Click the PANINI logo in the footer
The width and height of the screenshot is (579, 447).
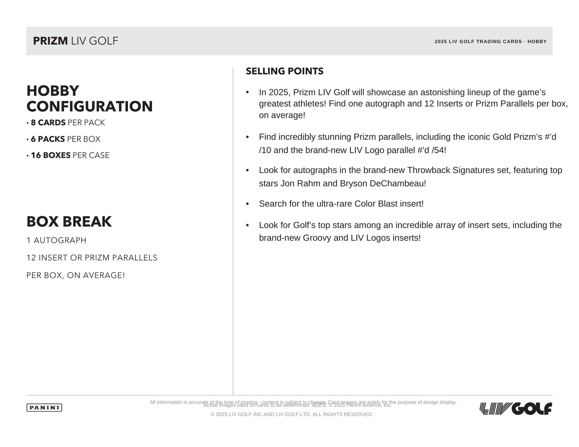44,407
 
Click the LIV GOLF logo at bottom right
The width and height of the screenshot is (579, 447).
516,408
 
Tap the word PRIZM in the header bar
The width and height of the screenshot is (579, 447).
50,41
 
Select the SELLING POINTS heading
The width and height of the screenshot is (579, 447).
284,71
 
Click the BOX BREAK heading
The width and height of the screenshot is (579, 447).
69,222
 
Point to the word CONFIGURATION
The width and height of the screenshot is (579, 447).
90,106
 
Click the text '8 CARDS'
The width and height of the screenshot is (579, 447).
48,123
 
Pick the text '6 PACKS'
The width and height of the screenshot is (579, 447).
48,139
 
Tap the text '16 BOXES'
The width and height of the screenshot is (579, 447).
51,155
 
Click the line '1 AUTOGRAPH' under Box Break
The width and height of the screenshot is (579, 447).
57,240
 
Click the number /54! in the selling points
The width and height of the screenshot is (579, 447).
439,150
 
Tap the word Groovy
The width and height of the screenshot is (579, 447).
317,238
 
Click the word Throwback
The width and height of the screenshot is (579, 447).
428,170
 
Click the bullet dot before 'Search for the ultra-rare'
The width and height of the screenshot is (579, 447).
247,204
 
